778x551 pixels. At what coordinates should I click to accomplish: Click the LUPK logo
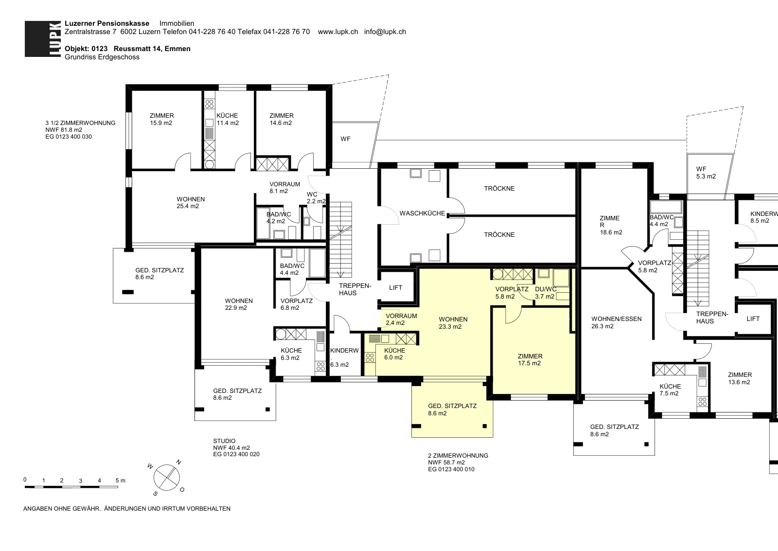click(43, 39)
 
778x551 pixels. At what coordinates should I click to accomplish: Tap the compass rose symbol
click(167, 478)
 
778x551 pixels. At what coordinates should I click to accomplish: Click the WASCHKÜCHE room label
click(423, 213)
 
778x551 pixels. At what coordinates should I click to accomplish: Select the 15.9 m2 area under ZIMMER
click(161, 123)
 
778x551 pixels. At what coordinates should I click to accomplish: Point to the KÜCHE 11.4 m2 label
click(228, 119)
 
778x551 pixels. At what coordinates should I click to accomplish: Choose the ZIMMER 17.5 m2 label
click(530, 359)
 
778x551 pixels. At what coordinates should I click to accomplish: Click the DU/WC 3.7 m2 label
click(545, 293)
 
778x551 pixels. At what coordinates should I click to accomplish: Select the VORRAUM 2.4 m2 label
click(401, 320)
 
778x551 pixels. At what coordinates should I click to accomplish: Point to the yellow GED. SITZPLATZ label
click(452, 406)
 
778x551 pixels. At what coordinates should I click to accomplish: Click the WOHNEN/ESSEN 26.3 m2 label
click(616, 322)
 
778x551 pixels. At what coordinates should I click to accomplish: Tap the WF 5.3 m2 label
click(706, 173)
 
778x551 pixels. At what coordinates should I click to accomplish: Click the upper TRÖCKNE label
click(499, 189)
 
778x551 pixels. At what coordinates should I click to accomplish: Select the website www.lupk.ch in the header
click(337, 32)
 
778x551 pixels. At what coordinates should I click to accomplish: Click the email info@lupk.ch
click(385, 32)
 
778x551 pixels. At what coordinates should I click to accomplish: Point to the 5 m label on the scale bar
click(120, 480)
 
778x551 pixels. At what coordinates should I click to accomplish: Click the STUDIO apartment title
click(224, 441)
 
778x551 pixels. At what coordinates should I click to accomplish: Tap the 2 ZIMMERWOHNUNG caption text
click(458, 456)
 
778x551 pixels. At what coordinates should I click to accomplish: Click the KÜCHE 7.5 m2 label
click(670, 390)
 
